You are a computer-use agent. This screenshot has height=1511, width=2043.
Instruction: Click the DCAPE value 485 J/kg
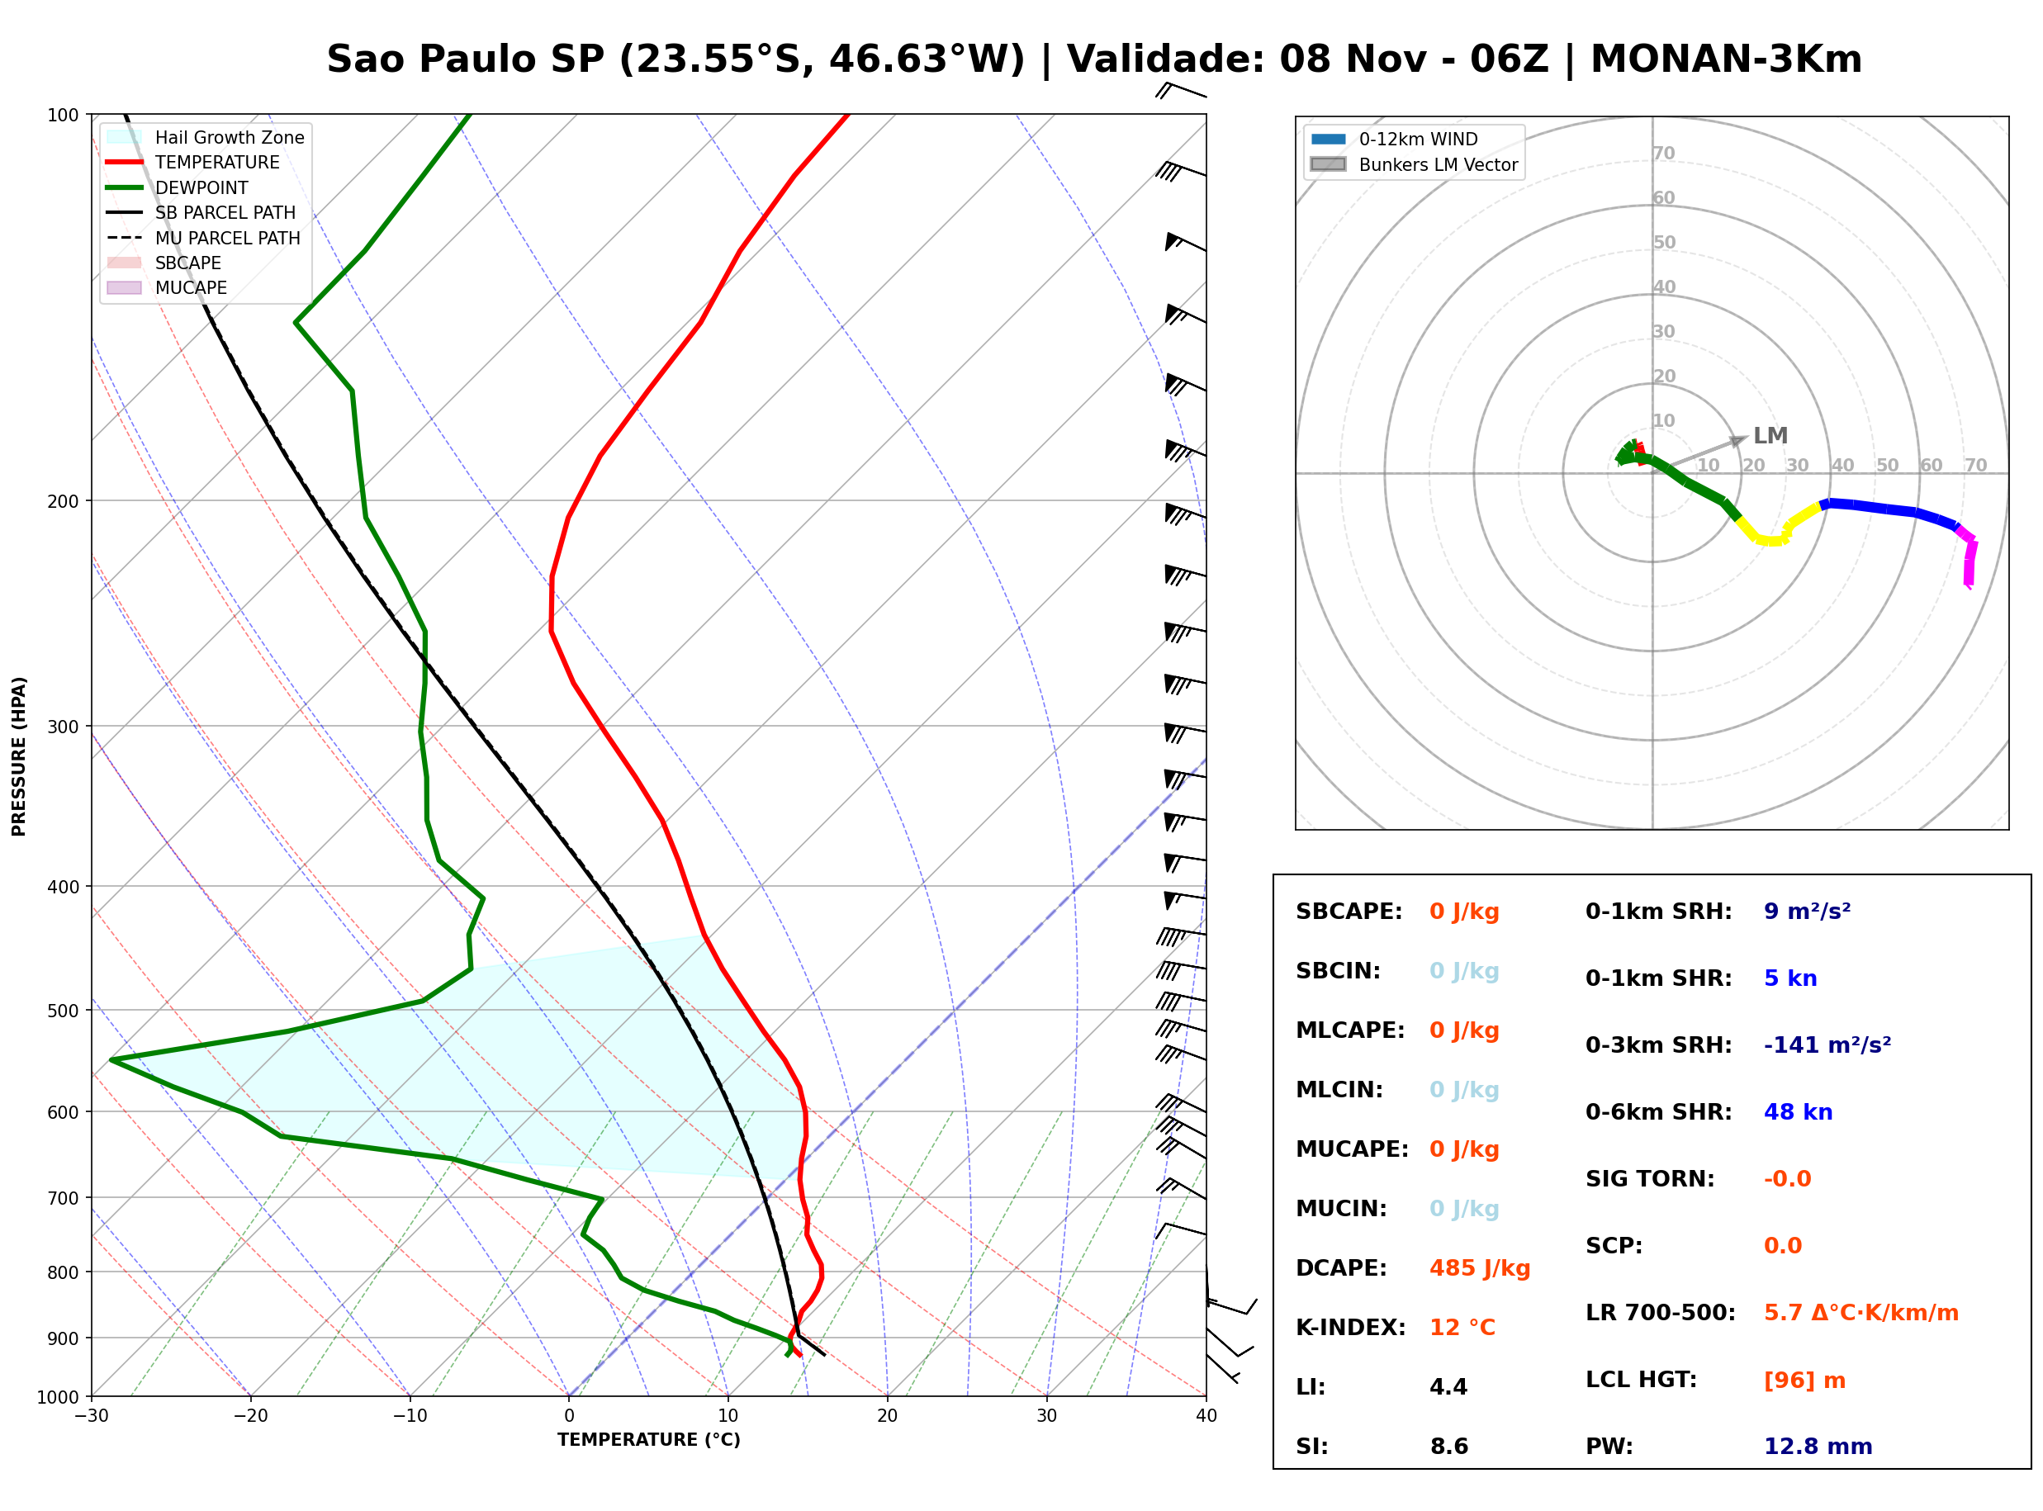tap(1480, 1268)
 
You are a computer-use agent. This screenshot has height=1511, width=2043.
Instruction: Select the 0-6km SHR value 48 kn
tap(1798, 1112)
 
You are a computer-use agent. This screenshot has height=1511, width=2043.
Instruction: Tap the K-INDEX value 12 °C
tap(1462, 1328)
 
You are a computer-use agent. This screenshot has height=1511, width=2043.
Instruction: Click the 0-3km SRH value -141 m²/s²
tap(1827, 1044)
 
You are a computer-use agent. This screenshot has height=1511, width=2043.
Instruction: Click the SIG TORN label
tap(1650, 1179)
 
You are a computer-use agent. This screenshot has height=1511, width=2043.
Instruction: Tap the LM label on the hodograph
tap(1770, 435)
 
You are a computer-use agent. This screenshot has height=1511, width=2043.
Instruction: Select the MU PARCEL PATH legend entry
tap(203, 238)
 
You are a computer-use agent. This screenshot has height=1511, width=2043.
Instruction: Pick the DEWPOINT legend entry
tap(177, 187)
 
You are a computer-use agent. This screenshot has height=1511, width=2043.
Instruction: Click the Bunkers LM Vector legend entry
tap(1414, 164)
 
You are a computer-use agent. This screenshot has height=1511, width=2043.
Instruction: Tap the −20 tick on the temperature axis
tap(249, 1416)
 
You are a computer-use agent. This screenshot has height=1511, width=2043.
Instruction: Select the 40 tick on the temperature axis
tap(1206, 1416)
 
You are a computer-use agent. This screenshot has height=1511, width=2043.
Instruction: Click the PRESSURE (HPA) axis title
tap(19, 756)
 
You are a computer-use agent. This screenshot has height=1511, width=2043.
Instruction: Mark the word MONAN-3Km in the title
tap(1727, 59)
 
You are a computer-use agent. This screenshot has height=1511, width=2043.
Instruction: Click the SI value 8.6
tap(1448, 1447)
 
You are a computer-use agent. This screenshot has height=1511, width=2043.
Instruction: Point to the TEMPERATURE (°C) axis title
tap(649, 1440)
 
